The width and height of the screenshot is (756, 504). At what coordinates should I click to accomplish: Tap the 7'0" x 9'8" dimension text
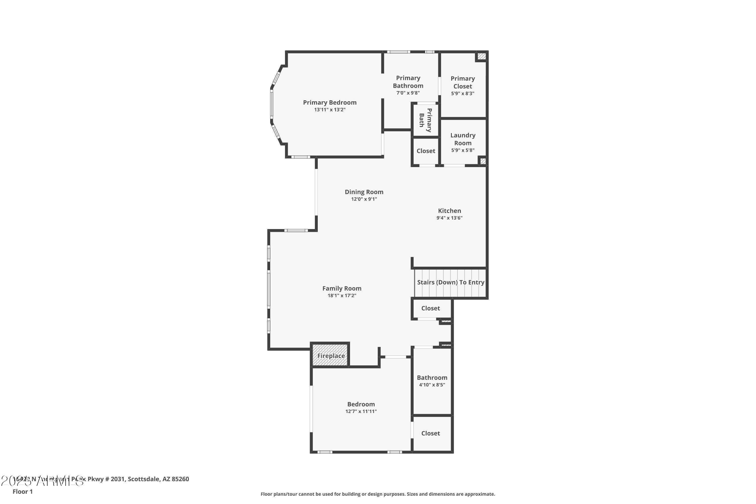(x=408, y=93)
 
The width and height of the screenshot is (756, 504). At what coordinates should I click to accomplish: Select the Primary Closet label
(x=462, y=82)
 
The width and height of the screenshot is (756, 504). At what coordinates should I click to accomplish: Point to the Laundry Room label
(x=462, y=139)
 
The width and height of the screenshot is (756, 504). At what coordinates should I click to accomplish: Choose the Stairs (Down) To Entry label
(x=450, y=282)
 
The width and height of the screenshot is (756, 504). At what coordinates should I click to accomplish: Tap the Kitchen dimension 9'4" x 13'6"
(x=449, y=218)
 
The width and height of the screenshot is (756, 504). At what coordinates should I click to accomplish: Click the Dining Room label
(x=364, y=192)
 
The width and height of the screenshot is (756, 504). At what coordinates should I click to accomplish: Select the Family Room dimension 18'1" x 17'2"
(x=342, y=296)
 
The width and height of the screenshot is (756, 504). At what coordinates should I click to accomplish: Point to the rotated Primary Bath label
(x=425, y=120)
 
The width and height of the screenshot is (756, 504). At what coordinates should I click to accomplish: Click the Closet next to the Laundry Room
(x=426, y=151)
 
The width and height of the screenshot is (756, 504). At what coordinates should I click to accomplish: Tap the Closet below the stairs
(x=430, y=308)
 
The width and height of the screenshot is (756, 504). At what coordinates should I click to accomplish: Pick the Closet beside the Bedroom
(x=430, y=433)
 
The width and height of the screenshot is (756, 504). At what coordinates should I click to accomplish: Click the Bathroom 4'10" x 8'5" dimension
(x=432, y=385)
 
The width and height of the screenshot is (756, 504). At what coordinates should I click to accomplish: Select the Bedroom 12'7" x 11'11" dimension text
(x=361, y=412)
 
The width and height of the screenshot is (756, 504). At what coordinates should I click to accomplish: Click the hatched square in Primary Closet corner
(x=481, y=56)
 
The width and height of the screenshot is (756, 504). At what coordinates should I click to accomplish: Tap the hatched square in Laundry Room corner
(x=483, y=161)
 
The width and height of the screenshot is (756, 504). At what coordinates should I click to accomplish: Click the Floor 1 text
(x=22, y=491)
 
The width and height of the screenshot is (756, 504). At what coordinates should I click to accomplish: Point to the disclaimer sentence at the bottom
(x=378, y=494)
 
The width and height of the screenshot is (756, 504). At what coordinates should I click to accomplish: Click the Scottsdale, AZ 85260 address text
(x=158, y=479)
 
